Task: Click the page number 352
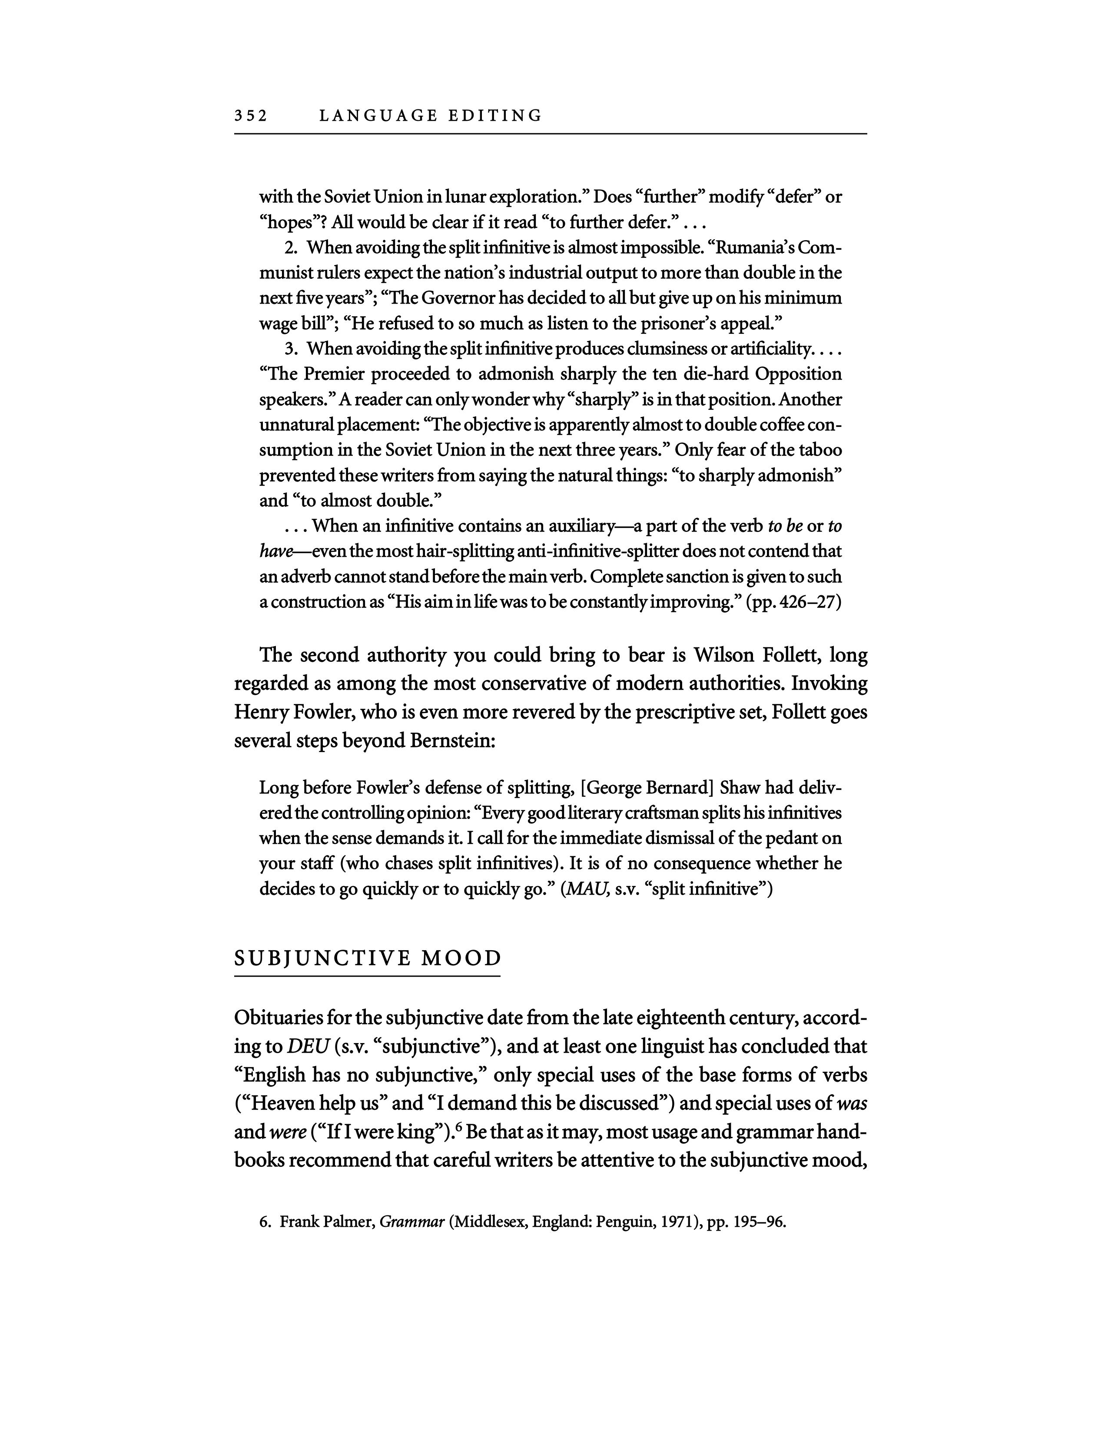251,116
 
